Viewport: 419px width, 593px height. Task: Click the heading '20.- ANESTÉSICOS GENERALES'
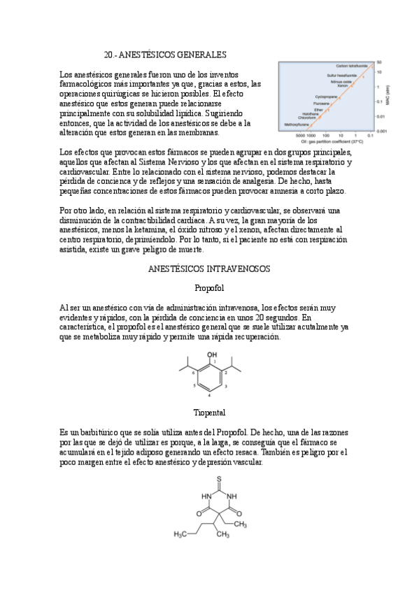[x=164, y=54]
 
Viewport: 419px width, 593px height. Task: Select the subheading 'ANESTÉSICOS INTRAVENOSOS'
[x=210, y=269]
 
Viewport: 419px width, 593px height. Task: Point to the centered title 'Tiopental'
[x=209, y=413]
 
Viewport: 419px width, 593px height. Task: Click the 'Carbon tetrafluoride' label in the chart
[x=351, y=66]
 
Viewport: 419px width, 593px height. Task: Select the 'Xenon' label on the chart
[x=342, y=85]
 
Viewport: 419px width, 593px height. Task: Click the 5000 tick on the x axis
[x=303, y=135]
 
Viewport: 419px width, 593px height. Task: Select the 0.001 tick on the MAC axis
[x=381, y=131]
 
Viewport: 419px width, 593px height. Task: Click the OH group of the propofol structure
[x=212, y=355]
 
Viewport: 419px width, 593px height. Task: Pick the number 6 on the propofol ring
[x=193, y=372]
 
